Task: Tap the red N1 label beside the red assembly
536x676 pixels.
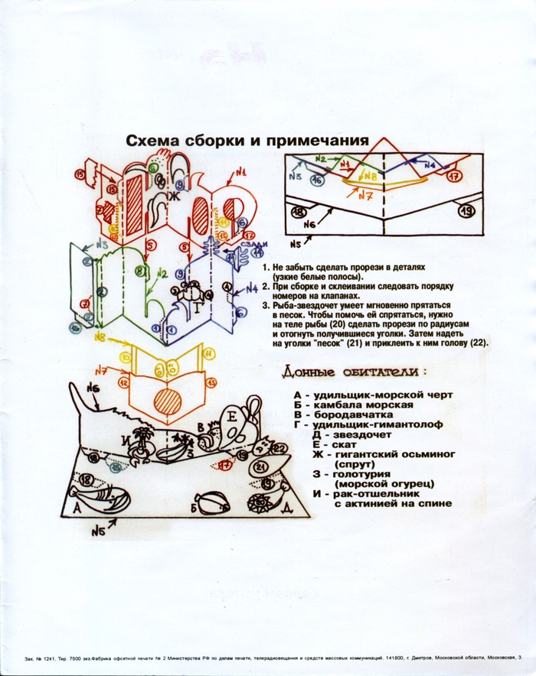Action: (240, 173)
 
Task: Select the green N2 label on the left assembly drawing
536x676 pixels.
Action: (161, 273)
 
